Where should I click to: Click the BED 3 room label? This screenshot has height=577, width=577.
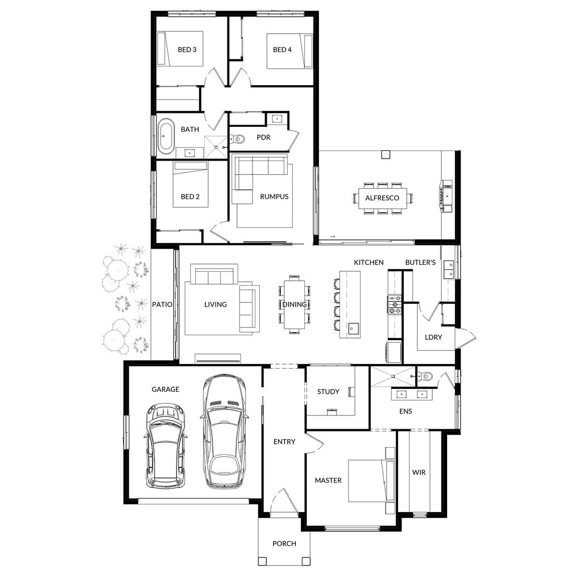pyautogui.click(x=187, y=50)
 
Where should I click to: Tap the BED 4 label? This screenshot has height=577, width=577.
pyautogui.click(x=282, y=50)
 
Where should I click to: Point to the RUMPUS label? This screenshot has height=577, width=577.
pyautogui.click(x=274, y=196)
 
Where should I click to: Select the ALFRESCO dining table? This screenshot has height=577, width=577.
pyautogui.click(x=382, y=198)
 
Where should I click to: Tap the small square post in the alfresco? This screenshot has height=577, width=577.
pyautogui.click(x=385, y=154)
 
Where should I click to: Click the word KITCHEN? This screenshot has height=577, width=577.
pyautogui.click(x=369, y=262)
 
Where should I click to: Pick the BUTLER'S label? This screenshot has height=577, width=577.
pyautogui.click(x=420, y=262)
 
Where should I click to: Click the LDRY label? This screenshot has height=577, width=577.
pyautogui.click(x=433, y=337)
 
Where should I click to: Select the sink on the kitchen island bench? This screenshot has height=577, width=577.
pyautogui.click(x=352, y=329)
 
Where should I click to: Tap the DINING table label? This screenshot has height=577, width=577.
pyautogui.click(x=294, y=304)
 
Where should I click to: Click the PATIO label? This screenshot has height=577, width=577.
pyautogui.click(x=162, y=304)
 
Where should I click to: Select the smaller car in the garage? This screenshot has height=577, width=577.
pyautogui.click(x=165, y=445)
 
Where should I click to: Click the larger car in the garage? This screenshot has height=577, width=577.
pyautogui.click(x=224, y=430)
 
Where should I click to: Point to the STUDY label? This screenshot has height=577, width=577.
pyautogui.click(x=328, y=391)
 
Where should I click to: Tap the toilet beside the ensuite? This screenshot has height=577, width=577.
pyautogui.click(x=426, y=377)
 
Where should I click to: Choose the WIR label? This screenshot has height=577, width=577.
pyautogui.click(x=419, y=472)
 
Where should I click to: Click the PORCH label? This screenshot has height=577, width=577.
pyautogui.click(x=284, y=543)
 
